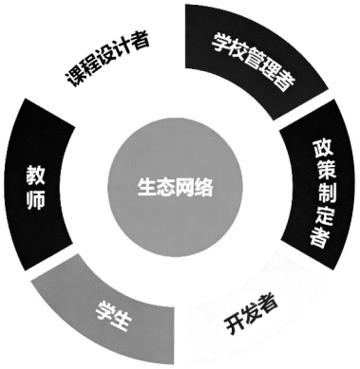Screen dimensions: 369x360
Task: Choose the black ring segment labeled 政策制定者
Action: (x=319, y=194)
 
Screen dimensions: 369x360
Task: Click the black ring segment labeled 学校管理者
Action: (x=249, y=59)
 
